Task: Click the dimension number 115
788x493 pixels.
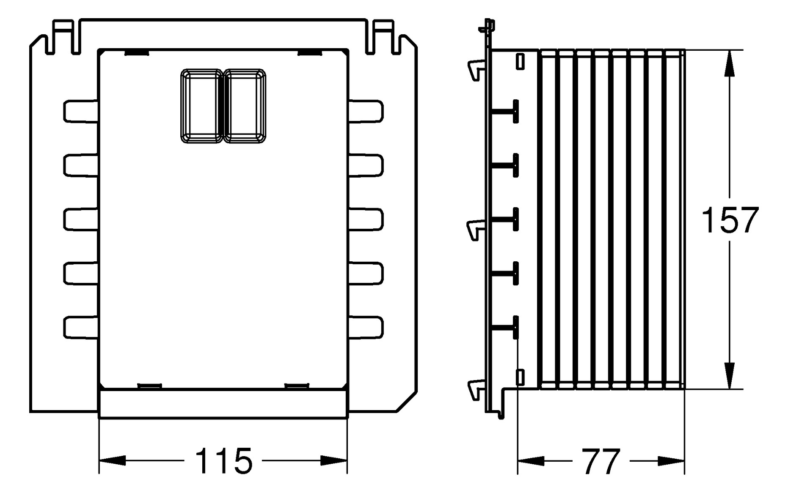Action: pyautogui.click(x=223, y=460)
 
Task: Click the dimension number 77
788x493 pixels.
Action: pyautogui.click(x=601, y=462)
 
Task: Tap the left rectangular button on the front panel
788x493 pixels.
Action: pyautogui.click(x=201, y=106)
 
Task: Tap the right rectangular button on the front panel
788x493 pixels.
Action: pyautogui.click(x=245, y=106)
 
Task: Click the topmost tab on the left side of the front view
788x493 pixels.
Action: pyautogui.click(x=80, y=112)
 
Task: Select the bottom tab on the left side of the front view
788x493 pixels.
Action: pyautogui.click(x=80, y=327)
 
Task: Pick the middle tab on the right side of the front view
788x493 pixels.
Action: pyautogui.click(x=366, y=219)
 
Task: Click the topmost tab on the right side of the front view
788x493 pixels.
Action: pyautogui.click(x=366, y=112)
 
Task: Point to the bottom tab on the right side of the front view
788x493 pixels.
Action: pyautogui.click(x=366, y=327)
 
